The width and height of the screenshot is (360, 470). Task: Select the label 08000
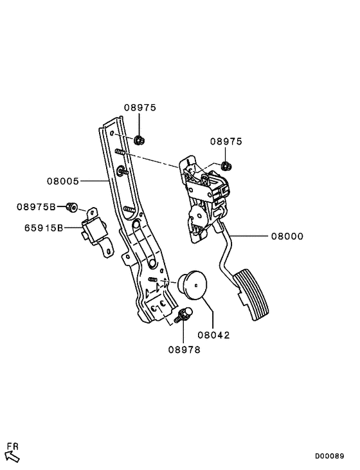[x=287, y=237]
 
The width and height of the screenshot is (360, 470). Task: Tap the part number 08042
[x=213, y=335]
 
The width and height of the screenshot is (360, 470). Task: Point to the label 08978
[x=185, y=350]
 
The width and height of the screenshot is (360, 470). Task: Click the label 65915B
[x=44, y=228]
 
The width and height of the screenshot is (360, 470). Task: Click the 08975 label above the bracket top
[x=139, y=108]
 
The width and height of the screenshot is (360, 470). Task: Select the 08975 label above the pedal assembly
[x=226, y=141]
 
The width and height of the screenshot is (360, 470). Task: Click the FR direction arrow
[x=13, y=456]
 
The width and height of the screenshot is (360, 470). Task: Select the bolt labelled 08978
[x=185, y=315]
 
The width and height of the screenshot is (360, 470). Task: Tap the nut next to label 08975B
[x=73, y=206]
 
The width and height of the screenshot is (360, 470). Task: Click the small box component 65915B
[x=94, y=232]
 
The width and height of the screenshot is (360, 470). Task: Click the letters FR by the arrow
[x=12, y=445]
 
